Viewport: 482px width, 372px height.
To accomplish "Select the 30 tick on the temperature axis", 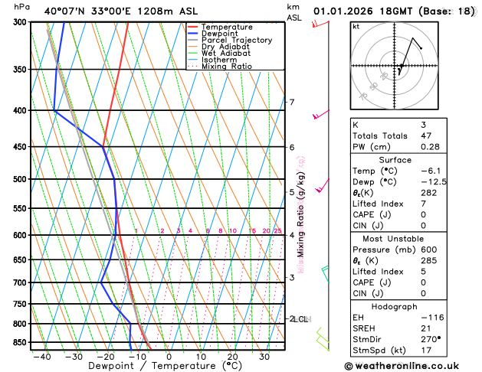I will pos(264,357).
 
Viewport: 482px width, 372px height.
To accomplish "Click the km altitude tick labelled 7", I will pos(291,103).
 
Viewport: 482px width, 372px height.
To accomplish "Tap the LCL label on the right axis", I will pos(302,319).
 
